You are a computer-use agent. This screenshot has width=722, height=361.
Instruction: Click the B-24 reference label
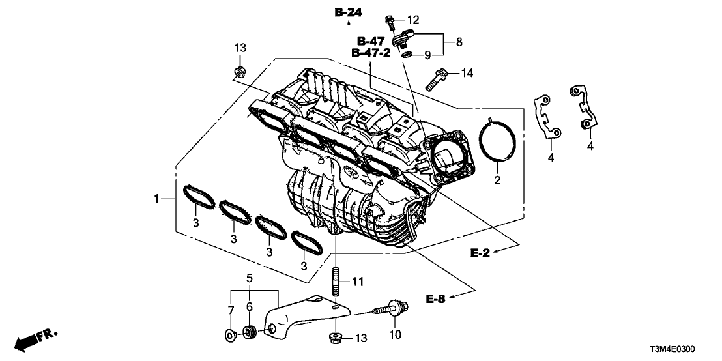(349, 12)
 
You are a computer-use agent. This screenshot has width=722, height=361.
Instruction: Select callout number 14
(467, 72)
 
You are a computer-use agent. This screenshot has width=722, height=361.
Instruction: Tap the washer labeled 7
(230, 335)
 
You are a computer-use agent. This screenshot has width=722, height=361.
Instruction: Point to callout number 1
(156, 197)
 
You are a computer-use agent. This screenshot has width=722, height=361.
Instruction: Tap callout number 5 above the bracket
(248, 278)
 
